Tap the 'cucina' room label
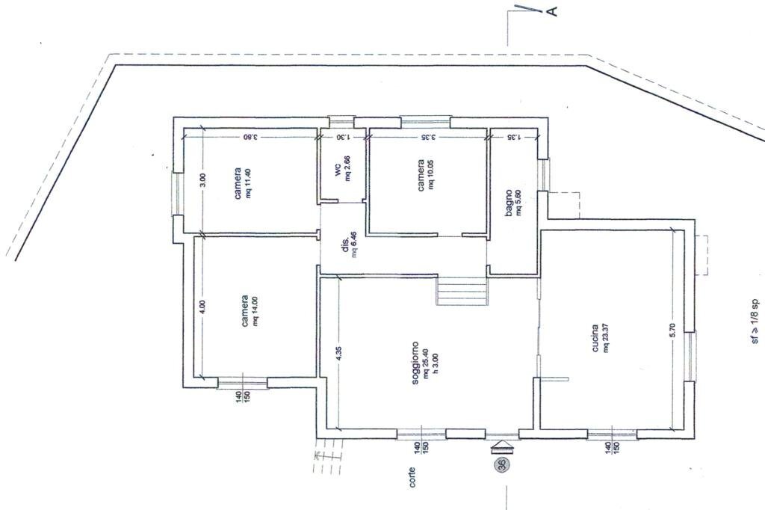[595, 338]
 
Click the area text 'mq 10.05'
[432, 174]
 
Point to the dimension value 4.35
[338, 354]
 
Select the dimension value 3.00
[202, 180]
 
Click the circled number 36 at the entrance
[501, 464]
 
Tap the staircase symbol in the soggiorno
[462, 290]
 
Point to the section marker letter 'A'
[552, 10]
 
